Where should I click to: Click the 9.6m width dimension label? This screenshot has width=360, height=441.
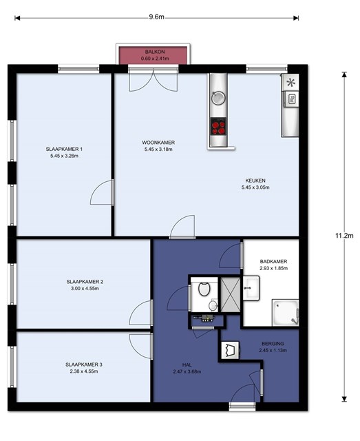156,17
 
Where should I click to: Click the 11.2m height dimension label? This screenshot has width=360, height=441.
344,236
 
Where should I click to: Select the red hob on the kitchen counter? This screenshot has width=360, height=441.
218,126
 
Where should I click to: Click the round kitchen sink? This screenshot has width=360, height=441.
218,98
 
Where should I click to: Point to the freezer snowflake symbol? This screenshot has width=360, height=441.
290,83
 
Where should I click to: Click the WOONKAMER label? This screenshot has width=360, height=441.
158,143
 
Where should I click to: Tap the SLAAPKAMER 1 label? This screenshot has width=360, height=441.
64,149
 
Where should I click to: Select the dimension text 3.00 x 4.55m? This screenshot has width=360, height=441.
85,288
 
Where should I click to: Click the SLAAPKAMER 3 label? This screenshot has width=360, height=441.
84,365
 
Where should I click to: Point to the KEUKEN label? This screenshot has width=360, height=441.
255,181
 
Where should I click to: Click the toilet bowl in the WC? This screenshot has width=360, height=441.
204,289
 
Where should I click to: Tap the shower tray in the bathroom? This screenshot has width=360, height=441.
285,312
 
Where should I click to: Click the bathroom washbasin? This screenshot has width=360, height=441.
251,288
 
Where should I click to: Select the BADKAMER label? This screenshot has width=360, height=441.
273,261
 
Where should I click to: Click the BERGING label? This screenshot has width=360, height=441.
273,343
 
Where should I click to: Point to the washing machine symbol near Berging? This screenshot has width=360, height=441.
230,350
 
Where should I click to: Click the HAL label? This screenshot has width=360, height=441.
187,365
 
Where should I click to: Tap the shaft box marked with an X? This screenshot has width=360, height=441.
230,294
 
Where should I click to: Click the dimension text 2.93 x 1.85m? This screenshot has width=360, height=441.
273,268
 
